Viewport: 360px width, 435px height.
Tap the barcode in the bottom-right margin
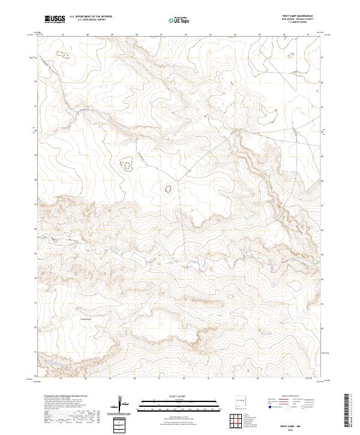coord(347,411)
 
